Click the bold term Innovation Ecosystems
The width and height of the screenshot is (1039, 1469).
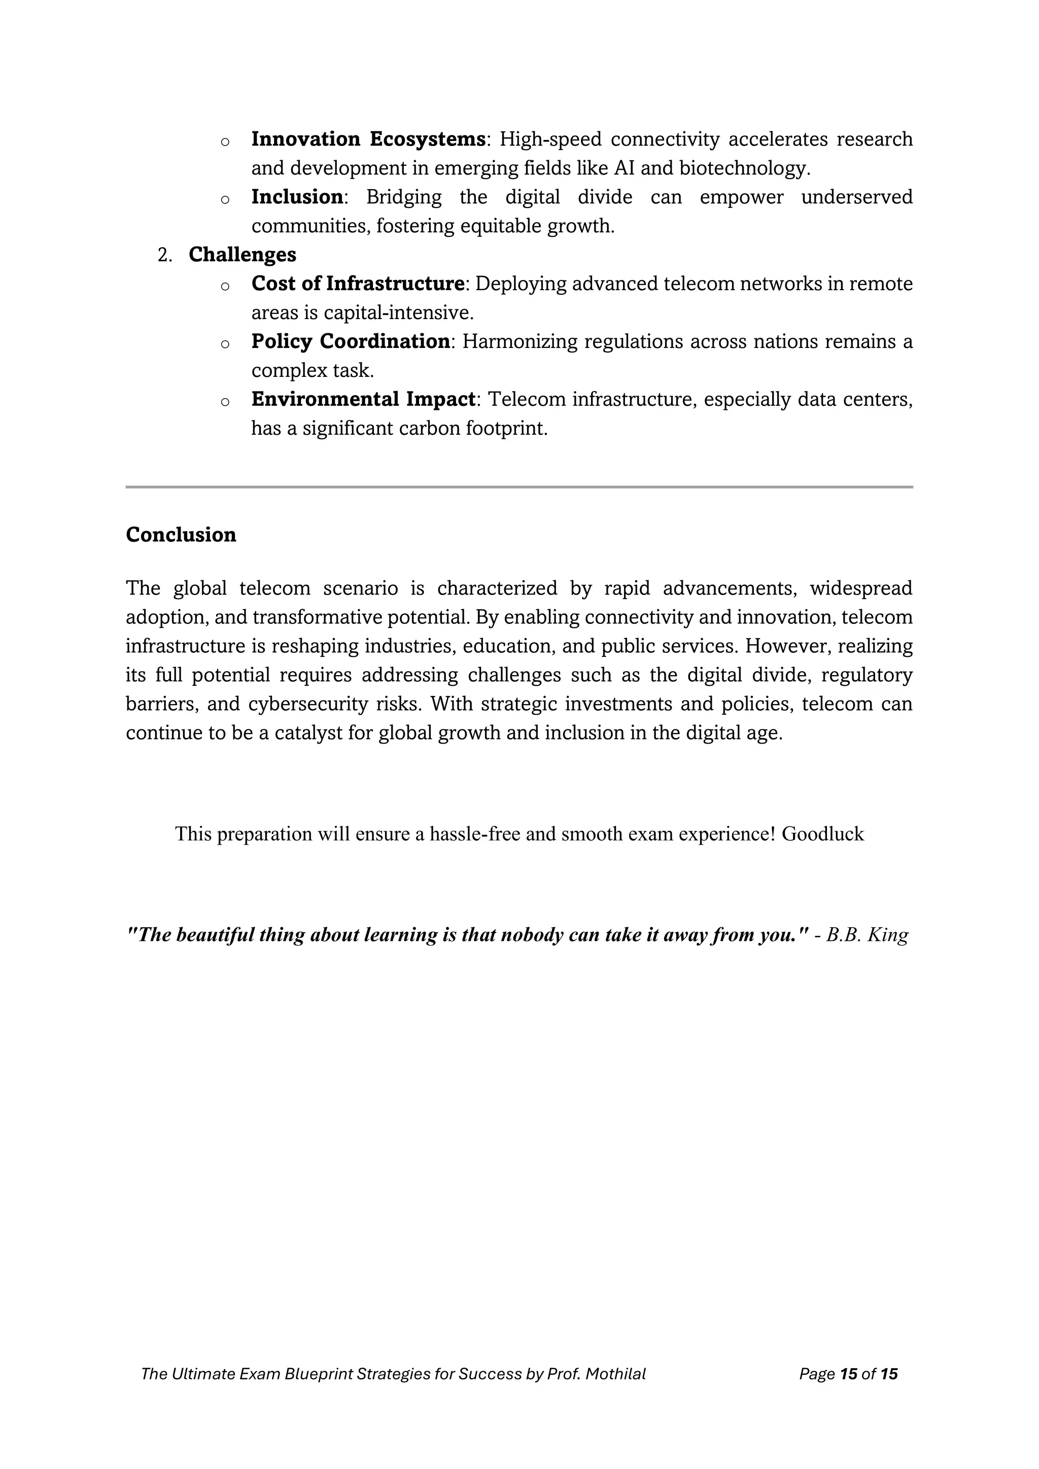[x=368, y=139]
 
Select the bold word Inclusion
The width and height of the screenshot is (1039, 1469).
[x=297, y=197]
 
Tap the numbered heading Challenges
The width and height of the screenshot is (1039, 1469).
[x=242, y=255]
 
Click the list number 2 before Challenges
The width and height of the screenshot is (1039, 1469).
[x=164, y=255]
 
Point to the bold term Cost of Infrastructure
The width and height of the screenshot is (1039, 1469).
[x=358, y=284]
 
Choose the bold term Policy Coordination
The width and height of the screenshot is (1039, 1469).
[x=350, y=342]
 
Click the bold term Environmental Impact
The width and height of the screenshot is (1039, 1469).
[x=363, y=399]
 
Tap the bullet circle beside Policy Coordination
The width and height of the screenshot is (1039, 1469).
[x=225, y=344]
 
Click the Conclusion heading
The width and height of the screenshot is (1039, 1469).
[x=181, y=535]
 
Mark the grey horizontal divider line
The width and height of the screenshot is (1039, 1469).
[x=519, y=487]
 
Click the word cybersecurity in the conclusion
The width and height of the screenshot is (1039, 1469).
[x=301, y=704]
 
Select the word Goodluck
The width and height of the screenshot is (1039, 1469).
[x=823, y=834]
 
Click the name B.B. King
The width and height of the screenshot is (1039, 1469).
[x=867, y=935]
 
